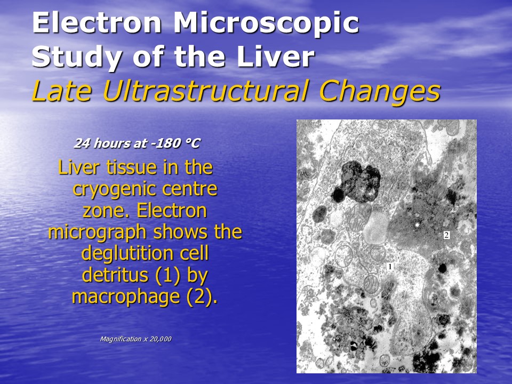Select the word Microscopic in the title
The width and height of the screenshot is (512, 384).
267,23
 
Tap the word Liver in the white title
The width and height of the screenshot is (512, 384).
275,57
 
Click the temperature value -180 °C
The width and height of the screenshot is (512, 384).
175,143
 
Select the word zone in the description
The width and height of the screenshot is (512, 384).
107,211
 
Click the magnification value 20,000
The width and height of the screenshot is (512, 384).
161,339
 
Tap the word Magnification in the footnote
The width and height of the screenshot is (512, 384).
121,339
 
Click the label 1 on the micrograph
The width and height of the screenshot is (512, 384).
390,267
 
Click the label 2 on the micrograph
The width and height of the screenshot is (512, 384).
446,235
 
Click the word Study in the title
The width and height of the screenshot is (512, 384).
76,58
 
